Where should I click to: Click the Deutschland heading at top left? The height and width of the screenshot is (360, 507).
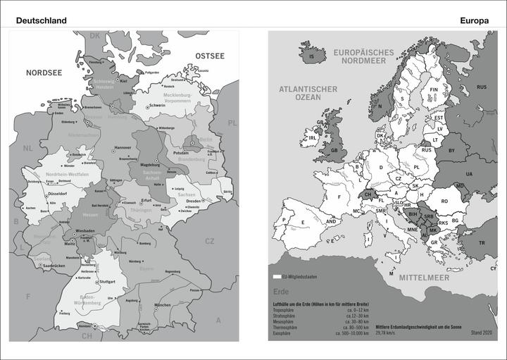[42, 20]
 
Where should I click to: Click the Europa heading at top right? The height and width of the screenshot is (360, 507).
[475, 20]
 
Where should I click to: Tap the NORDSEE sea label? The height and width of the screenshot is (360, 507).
[44, 73]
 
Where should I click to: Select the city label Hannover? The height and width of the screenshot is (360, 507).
[123, 147]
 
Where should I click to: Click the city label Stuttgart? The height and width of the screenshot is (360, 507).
[108, 282]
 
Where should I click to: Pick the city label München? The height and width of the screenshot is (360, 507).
[163, 304]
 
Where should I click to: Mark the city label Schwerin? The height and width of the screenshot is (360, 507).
[158, 105]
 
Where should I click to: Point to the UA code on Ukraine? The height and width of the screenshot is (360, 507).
[469, 174]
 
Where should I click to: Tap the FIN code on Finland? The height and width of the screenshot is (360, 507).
[434, 90]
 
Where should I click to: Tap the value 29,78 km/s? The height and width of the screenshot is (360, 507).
[390, 331]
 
